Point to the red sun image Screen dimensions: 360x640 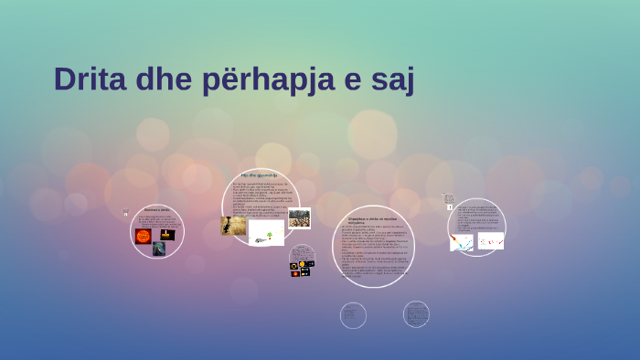(144, 236)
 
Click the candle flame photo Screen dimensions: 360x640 (167, 235)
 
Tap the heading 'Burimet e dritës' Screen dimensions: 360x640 (156, 210)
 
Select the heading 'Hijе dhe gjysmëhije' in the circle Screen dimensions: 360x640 (259, 175)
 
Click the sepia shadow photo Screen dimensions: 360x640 (233, 226)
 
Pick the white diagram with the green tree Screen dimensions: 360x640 (265, 233)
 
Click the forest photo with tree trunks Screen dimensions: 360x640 (299, 218)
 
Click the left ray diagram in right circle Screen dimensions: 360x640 (462, 242)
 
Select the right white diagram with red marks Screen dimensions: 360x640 (491, 240)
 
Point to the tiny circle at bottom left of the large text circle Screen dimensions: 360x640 (353, 315)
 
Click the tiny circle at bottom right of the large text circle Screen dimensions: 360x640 (416, 313)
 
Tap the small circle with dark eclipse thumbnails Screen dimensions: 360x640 (302, 260)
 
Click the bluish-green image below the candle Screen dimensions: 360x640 (159, 249)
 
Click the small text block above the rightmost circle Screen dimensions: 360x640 (449, 198)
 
